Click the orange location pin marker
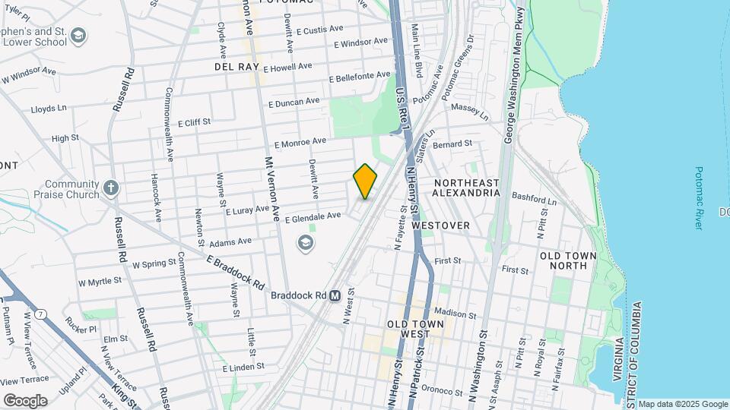coord(365,181)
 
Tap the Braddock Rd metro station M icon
coord(335,295)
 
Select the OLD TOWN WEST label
coord(415,329)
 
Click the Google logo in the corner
coord(25,400)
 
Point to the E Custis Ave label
coord(322,31)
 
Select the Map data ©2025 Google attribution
coord(682,404)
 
